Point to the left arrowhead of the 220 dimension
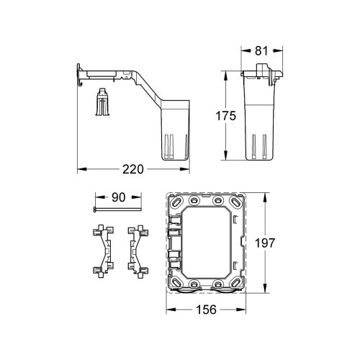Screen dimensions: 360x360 [80, 169]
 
